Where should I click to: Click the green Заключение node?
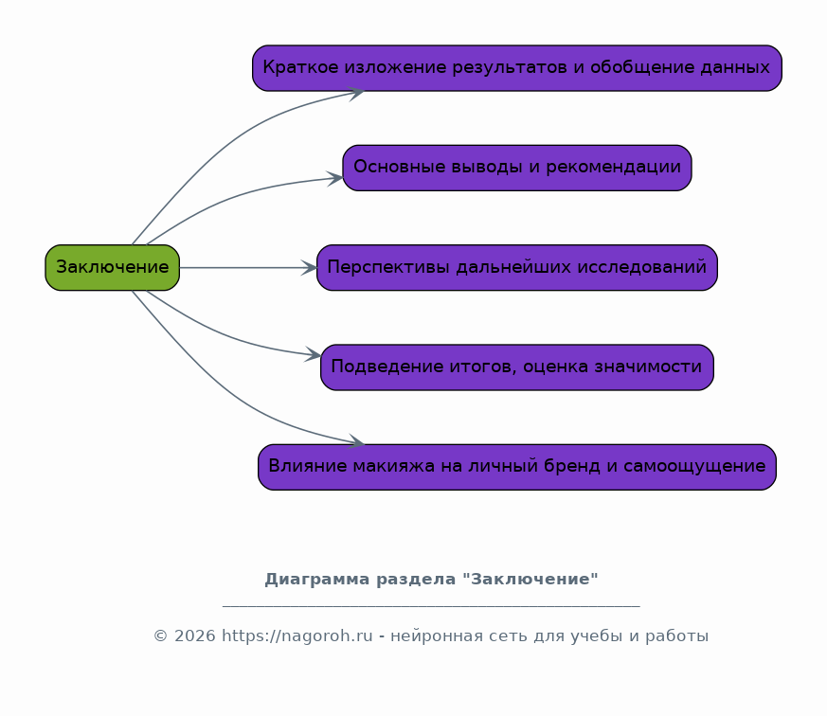pyautogui.click(x=112, y=267)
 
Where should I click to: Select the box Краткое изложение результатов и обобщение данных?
pyautogui.click(x=516, y=68)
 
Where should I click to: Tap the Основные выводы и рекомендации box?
pyautogui.click(x=516, y=168)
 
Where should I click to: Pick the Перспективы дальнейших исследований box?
pyautogui.click(x=516, y=267)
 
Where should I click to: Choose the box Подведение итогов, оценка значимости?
pyautogui.click(x=516, y=367)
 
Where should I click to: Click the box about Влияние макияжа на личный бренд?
pyautogui.click(x=516, y=467)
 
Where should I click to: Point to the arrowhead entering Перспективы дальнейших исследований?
pyautogui.click(x=310, y=268)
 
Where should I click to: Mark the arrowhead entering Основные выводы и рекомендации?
pyautogui.click(x=335, y=177)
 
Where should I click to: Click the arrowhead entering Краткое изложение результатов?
pyautogui.click(x=357, y=92)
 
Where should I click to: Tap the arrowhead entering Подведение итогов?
pyautogui.click(x=315, y=356)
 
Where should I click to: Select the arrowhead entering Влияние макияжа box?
pyautogui.click(x=357, y=442)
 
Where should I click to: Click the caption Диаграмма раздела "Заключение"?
pyautogui.click(x=431, y=579)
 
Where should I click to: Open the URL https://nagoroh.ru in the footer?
pyautogui.click(x=297, y=636)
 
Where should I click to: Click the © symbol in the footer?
pyautogui.click(x=160, y=636)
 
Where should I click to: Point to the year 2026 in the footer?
pyautogui.click(x=194, y=636)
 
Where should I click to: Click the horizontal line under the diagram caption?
pyautogui.click(x=431, y=605)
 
